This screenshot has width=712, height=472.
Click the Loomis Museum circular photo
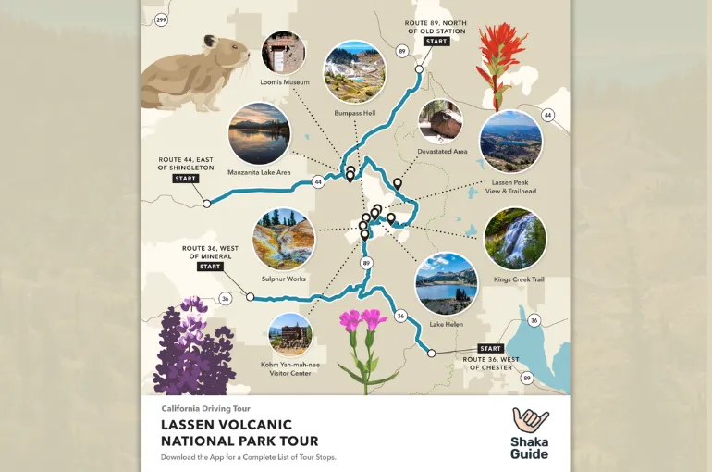pos(284,54)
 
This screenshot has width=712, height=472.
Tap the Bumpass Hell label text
pos(354,113)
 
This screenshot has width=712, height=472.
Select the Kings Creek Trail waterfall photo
pos(515,238)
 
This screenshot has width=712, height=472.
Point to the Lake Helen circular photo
pos(447,283)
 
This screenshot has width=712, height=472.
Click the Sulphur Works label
pos(284,278)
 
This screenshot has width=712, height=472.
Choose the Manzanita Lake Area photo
pos(259,133)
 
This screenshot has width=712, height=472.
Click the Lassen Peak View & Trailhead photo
pos(511,142)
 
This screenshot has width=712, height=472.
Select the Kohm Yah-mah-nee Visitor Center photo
pos(290,335)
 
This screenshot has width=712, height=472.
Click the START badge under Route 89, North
pos(436,42)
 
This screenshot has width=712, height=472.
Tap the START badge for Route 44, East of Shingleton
pos(185,178)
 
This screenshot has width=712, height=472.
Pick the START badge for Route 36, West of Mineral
pos(210,267)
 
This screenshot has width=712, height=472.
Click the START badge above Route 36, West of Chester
pos(490,349)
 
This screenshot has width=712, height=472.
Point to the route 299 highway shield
pos(161,19)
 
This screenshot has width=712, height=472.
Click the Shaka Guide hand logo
pos(531,420)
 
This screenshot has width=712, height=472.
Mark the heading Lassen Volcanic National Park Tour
pos(239,433)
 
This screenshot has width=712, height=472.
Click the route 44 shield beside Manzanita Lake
pos(318,181)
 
